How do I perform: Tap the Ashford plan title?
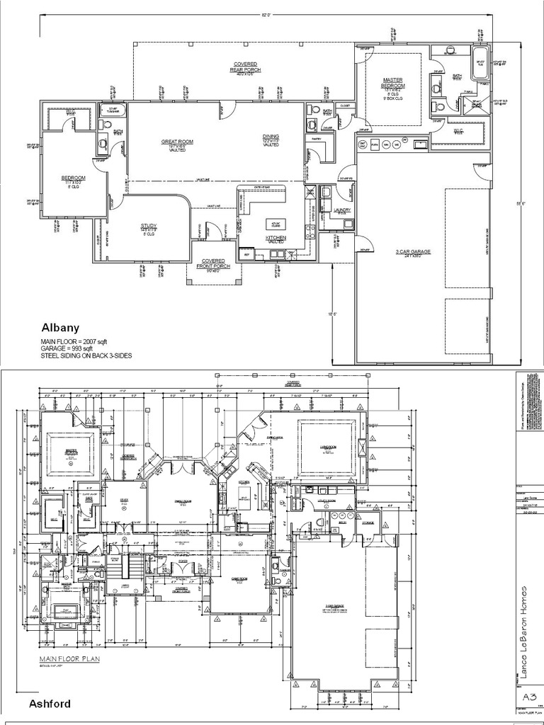(x=50, y=704)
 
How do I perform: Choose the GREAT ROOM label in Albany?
(x=177, y=142)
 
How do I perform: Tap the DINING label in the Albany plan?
(x=271, y=136)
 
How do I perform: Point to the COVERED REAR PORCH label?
(x=246, y=67)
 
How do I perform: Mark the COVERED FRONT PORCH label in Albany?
(x=213, y=263)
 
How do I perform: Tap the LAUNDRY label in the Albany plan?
(x=342, y=210)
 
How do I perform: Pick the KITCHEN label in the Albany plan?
(x=276, y=237)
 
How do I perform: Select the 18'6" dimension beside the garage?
(x=331, y=313)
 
